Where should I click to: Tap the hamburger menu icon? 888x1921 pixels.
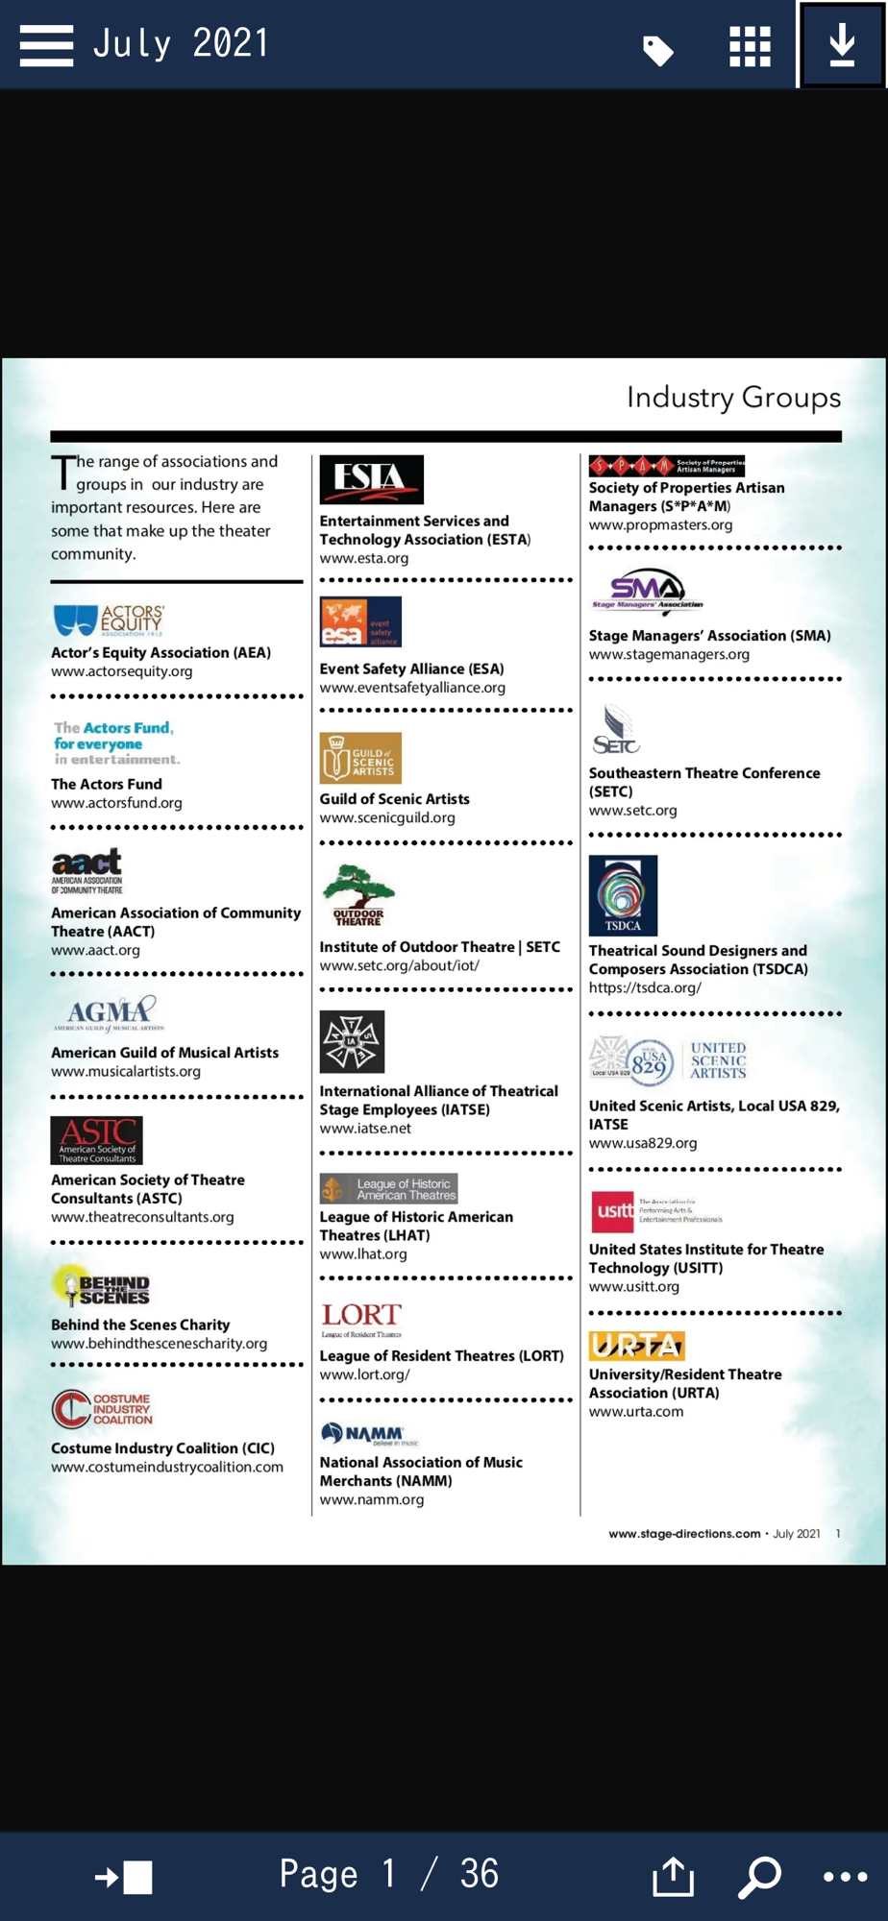[46, 45]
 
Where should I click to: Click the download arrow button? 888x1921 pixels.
[842, 44]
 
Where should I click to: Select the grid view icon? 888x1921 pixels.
[750, 46]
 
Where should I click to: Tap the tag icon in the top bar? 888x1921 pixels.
[658, 50]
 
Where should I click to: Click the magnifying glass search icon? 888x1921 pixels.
[759, 1876]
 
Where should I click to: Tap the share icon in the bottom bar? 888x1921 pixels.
[673, 1876]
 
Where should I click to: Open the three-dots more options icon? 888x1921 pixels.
[845, 1877]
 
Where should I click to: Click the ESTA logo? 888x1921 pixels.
[371, 479]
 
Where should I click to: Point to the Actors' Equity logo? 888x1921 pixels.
[109, 620]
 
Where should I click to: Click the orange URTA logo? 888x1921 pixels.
[636, 1346]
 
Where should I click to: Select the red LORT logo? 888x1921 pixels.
[361, 1318]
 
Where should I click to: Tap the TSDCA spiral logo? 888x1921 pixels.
[623, 895]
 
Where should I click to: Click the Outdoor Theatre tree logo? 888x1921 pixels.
[358, 894]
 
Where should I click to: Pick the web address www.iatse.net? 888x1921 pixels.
[365, 1129]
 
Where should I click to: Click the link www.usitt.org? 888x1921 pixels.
[633, 1287]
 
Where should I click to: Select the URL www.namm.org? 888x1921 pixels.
[371, 1499]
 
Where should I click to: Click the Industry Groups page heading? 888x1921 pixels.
[733, 398]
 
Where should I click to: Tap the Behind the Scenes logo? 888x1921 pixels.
[102, 1287]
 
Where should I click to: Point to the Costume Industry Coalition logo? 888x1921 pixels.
[102, 1409]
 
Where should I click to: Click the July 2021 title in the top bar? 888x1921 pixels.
[181, 44]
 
